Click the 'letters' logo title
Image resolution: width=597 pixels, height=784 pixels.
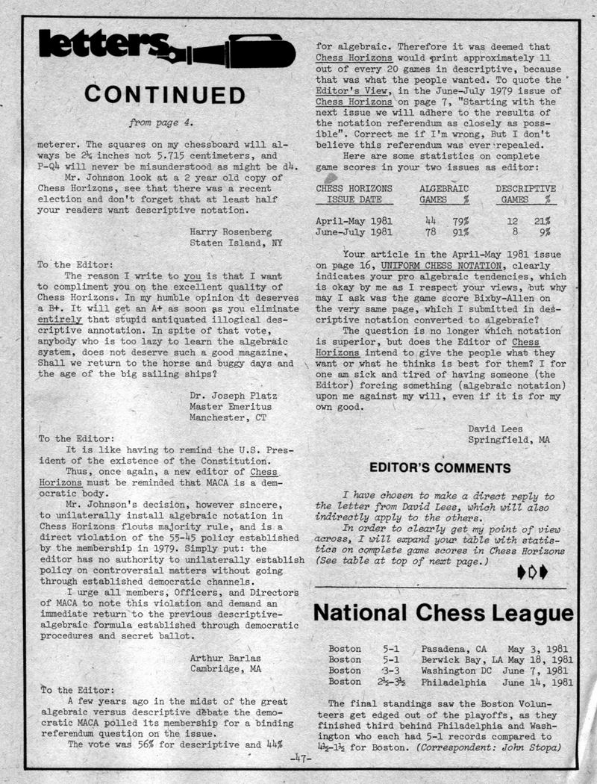click(104, 46)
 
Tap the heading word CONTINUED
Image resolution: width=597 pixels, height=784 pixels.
click(164, 95)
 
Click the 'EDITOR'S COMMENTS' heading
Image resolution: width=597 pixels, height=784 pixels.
click(440, 468)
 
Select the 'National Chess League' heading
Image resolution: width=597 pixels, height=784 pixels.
click(444, 613)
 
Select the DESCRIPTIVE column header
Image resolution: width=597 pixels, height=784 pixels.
click(525, 189)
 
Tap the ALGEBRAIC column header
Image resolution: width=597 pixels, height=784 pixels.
click(443, 189)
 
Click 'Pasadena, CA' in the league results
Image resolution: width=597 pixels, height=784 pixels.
click(454, 648)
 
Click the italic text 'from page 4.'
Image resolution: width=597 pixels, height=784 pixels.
click(161, 121)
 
